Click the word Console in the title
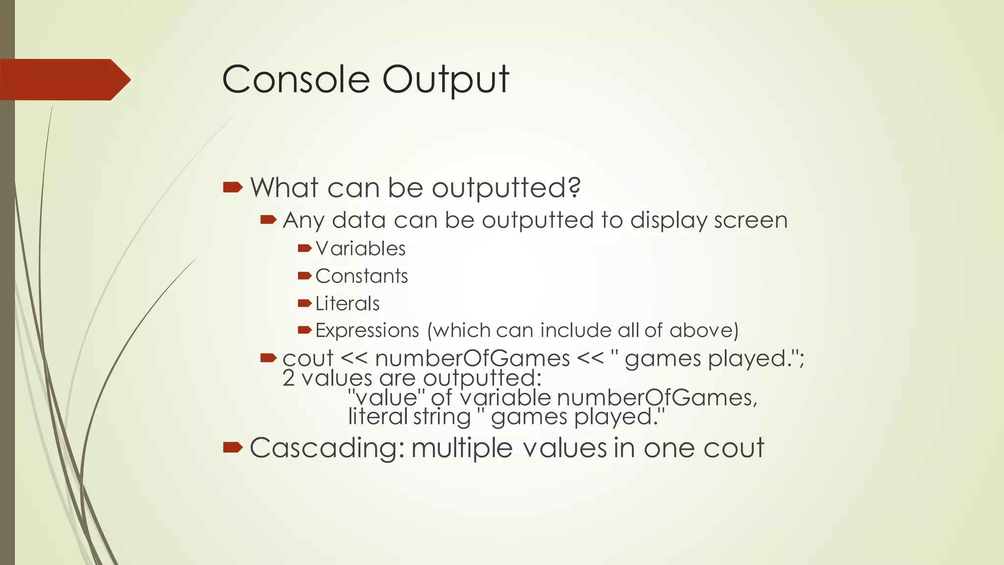(296, 79)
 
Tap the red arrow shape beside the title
(64, 79)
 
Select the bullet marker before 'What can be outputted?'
(232, 187)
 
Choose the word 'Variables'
(360, 249)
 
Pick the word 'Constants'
(361, 276)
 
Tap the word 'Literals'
(347, 304)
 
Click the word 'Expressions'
(367, 331)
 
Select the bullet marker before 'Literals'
(304, 303)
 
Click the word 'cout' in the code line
(308, 359)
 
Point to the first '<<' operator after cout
(353, 359)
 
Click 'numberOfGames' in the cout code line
(472, 359)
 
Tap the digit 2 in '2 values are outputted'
(288, 379)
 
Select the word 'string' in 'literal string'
(441, 417)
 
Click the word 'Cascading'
(327, 448)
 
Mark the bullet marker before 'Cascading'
(232, 447)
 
